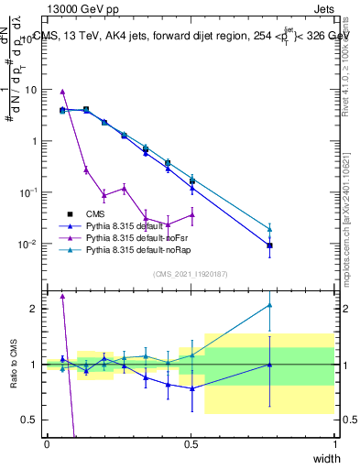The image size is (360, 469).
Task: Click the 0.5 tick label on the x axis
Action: [191, 443]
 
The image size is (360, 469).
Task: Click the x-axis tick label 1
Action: [335, 443]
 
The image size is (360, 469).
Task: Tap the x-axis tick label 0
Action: [47, 443]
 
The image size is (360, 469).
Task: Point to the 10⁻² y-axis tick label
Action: [28, 245]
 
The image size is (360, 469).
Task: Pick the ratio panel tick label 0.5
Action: [31, 420]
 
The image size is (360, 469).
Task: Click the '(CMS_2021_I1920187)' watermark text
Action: [191, 273]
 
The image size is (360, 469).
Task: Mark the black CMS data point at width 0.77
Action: [269, 245]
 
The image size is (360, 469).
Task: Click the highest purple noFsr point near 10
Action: [62, 92]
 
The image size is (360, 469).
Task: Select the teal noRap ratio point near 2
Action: [269, 305]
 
